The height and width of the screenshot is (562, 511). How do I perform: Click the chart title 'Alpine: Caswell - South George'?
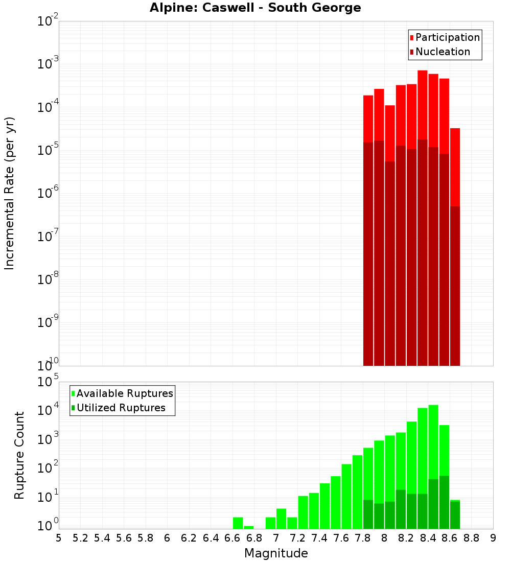[255, 8]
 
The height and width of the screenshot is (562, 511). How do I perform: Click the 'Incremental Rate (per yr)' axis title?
[10, 193]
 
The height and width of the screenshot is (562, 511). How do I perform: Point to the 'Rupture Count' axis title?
[19, 455]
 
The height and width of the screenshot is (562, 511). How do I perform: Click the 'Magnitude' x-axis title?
[276, 553]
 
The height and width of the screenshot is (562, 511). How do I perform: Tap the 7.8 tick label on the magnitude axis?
[363, 538]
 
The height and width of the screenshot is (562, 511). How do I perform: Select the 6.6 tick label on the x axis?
[233, 538]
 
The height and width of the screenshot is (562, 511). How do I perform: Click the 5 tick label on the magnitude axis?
[59, 538]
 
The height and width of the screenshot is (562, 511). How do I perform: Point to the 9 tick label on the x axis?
[493, 538]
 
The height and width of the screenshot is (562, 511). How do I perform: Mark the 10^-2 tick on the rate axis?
[48, 21]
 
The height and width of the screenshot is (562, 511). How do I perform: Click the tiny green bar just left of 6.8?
[249, 527]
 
